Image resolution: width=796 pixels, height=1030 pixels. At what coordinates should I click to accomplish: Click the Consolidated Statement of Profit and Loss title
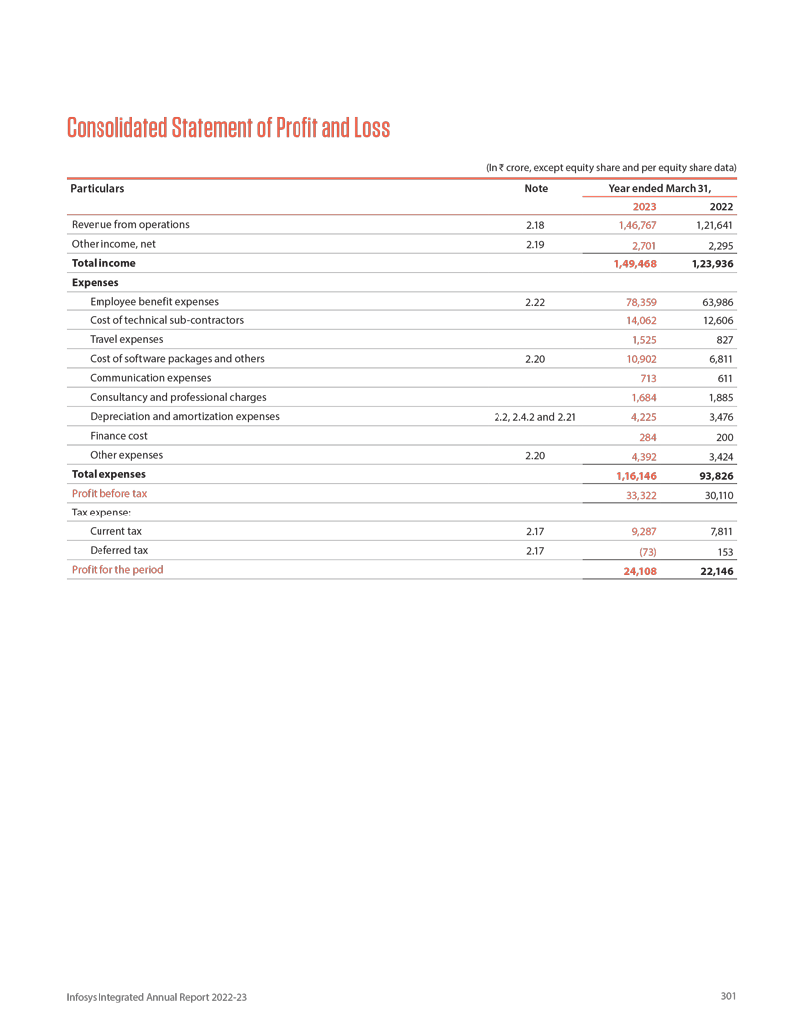tap(228, 128)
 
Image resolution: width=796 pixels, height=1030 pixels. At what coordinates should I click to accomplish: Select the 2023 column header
tap(644, 206)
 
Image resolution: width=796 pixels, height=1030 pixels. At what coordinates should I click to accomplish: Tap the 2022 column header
tap(721, 206)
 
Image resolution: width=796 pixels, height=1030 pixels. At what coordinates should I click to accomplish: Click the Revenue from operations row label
tap(129, 225)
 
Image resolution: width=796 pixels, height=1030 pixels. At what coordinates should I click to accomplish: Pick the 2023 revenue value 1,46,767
tap(636, 226)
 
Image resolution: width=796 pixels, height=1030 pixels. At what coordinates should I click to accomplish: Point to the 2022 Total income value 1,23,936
tap(711, 264)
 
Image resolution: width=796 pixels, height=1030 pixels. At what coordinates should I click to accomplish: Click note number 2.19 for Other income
tap(534, 244)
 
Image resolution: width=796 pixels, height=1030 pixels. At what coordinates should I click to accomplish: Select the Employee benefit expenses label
tap(154, 301)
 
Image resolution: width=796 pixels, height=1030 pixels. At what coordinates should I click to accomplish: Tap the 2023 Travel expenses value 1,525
tap(642, 340)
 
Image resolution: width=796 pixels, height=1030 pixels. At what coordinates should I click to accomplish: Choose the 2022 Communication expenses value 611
tap(724, 379)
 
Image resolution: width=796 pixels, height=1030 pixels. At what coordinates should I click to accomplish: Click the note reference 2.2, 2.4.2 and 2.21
tap(534, 417)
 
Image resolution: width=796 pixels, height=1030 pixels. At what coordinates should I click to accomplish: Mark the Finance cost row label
tap(118, 436)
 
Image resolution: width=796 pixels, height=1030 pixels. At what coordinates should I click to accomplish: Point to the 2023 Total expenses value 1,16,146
tap(636, 476)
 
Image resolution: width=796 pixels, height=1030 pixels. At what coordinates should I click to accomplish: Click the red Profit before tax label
tap(109, 494)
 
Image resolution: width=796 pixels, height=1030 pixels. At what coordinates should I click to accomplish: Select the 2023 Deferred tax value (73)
tap(645, 551)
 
